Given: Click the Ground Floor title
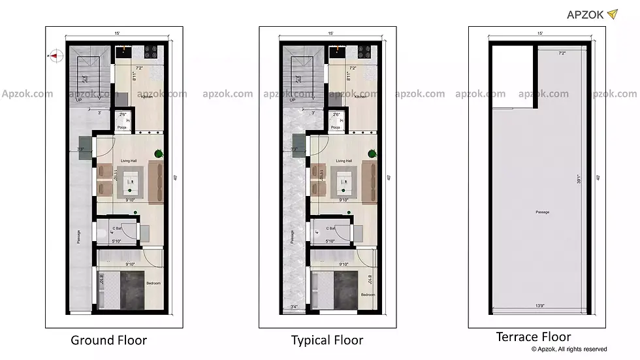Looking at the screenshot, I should [108, 340].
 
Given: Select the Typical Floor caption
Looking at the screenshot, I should [327, 340].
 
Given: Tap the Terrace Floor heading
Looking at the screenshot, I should [534, 337].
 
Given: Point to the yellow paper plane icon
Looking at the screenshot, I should [612, 14].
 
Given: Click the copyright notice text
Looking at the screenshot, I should [569, 350].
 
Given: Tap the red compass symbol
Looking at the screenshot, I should [54, 56].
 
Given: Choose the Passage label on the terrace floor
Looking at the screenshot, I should [542, 212].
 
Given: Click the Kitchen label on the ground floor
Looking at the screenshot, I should [146, 97].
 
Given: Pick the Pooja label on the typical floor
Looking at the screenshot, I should [336, 127].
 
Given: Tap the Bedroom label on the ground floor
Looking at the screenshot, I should [153, 283].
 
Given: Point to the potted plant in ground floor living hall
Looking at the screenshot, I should [159, 154].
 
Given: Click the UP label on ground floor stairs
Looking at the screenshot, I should [78, 101].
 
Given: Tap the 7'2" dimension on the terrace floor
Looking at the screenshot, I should [561, 52].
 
